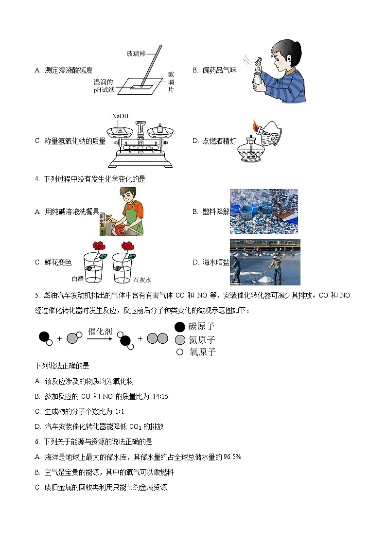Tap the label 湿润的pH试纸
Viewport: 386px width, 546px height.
coord(104,86)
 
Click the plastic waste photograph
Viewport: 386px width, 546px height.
coord(263,211)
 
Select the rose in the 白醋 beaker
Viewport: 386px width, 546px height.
coord(99,246)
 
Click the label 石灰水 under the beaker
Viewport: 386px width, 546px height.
coord(142,280)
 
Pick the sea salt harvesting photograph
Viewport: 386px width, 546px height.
coord(265,262)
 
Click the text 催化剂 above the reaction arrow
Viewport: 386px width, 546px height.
coord(100,332)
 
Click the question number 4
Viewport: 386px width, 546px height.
coord(37,179)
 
